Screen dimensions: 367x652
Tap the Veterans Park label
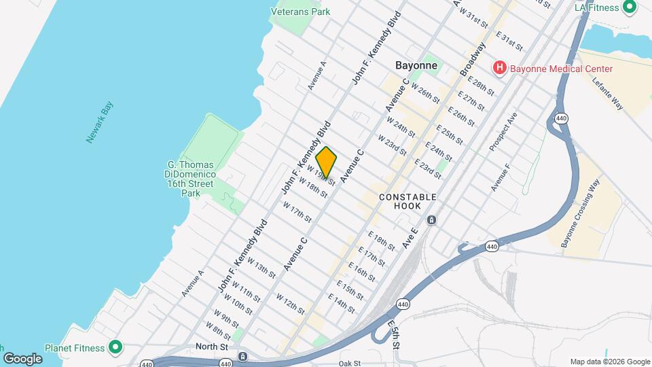300,12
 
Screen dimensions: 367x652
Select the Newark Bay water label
98,122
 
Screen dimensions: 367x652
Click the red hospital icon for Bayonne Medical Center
500,69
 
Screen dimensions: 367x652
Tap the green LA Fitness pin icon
629,7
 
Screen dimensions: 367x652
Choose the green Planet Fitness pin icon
115,348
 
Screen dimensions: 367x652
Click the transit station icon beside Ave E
431,220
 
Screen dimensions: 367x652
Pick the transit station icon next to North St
242,356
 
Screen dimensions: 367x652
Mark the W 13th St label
261,267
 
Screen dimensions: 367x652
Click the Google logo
22,358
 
